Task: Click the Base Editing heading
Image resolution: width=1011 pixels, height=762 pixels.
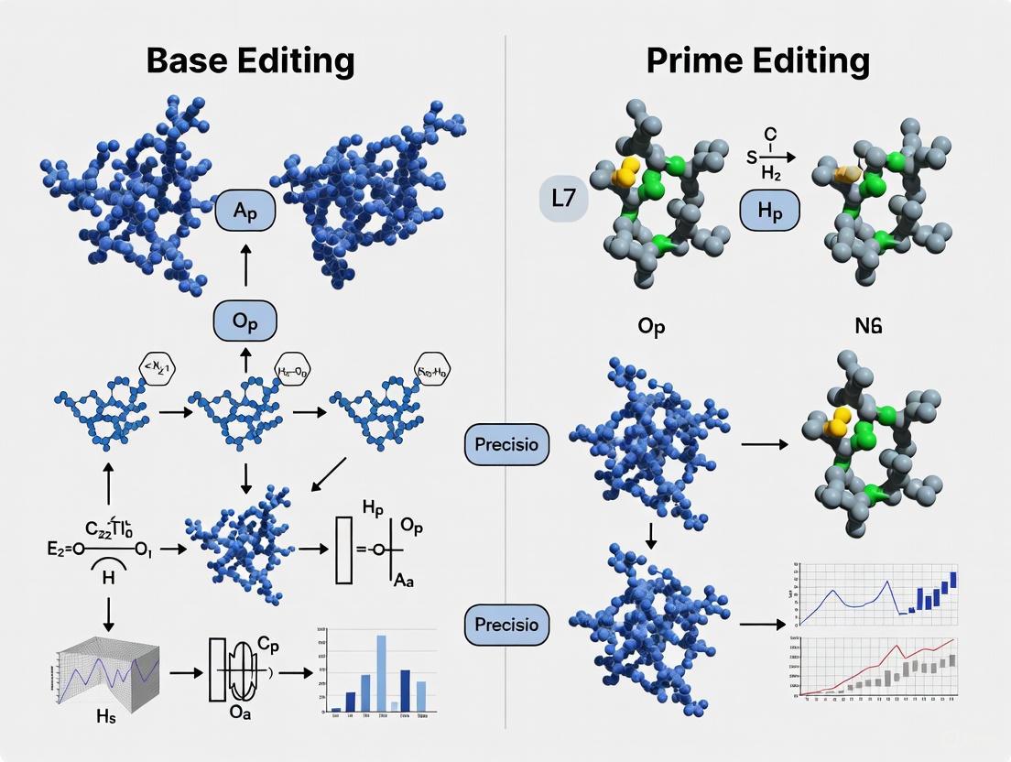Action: (x=250, y=61)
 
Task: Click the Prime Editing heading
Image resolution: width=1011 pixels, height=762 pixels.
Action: (x=757, y=61)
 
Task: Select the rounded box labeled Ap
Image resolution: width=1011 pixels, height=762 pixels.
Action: (x=245, y=212)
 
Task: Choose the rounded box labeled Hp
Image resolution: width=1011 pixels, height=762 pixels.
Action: (x=769, y=211)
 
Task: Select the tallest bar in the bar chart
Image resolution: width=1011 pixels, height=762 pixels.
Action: (x=382, y=673)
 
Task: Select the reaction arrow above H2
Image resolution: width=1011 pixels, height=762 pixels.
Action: (x=770, y=158)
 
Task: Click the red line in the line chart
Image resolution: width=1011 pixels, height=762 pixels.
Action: (x=879, y=664)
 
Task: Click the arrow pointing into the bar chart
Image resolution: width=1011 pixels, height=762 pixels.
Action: (x=294, y=672)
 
